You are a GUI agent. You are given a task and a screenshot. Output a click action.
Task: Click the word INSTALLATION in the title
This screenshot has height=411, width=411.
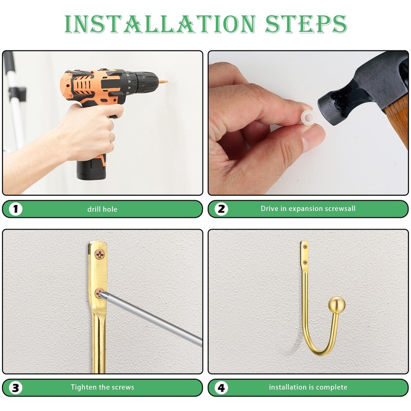point(160,24)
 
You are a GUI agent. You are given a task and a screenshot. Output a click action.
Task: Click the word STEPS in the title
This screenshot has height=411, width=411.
point(306,24)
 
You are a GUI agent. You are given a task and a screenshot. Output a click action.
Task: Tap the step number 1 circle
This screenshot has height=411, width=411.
point(15,209)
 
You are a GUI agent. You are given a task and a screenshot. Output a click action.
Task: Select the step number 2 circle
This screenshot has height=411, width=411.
point(221,209)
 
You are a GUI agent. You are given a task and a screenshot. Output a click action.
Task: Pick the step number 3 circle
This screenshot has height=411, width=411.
point(15,388)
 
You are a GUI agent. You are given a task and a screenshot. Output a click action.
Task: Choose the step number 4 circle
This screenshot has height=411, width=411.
point(221,388)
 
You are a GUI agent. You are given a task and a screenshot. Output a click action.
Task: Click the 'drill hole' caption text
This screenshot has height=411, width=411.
point(102,209)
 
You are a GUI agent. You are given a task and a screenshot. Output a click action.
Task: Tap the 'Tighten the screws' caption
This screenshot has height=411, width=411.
point(102,387)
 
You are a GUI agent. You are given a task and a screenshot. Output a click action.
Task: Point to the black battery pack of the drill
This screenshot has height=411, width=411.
point(91,167)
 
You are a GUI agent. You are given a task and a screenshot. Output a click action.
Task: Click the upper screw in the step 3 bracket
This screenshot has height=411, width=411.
point(100,254)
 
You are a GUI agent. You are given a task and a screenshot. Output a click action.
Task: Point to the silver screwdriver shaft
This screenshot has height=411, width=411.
point(152,317)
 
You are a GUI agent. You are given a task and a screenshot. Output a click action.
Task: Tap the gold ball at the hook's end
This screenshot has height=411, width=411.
point(337,305)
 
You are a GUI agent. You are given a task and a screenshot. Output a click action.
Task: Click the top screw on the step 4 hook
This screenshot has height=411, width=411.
point(305,247)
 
